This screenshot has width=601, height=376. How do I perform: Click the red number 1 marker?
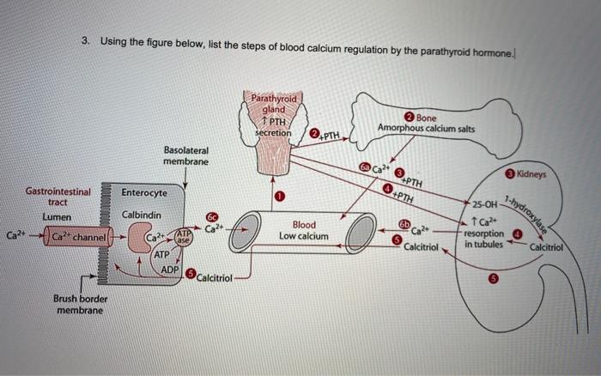279,197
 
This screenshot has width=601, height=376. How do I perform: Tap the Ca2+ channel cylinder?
79,236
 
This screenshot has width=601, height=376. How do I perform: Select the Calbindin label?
142,215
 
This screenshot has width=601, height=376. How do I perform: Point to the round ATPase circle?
184,238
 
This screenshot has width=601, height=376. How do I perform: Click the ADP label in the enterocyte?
169,270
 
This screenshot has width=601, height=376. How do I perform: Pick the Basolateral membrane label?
186,155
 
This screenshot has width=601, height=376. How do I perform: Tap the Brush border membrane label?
80,305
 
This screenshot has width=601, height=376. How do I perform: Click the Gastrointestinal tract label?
58,197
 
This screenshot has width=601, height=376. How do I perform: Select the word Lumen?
57,217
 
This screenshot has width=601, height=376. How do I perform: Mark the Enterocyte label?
144,193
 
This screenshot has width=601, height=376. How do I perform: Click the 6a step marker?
365,167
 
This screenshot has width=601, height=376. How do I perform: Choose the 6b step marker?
404,224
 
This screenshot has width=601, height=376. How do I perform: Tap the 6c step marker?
211,217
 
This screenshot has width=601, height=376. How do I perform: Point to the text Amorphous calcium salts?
426,129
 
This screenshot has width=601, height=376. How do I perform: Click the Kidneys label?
531,174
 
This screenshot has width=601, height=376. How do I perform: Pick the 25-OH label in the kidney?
484,204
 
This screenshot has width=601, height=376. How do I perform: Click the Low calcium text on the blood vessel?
304,236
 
